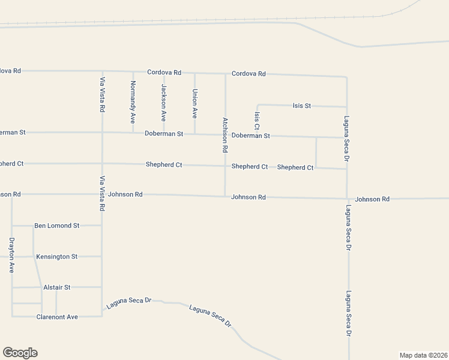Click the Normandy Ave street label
(133, 98)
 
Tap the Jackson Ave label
(163, 99)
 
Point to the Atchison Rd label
(225, 134)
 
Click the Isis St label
(301, 106)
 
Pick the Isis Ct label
(257, 121)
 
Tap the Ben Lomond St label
(57, 226)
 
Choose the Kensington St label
(57, 256)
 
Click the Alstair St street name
(57, 287)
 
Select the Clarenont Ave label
(57, 317)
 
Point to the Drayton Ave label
(11, 255)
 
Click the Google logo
(20, 353)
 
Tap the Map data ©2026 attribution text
(423, 355)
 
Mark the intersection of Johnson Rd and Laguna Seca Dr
(347, 198)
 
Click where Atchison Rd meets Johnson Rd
(225, 196)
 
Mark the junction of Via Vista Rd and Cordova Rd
(102, 71)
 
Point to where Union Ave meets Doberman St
(194, 134)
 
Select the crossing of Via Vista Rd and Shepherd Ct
(102, 163)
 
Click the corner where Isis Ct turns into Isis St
(258, 105)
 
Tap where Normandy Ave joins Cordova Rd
(133, 71)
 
